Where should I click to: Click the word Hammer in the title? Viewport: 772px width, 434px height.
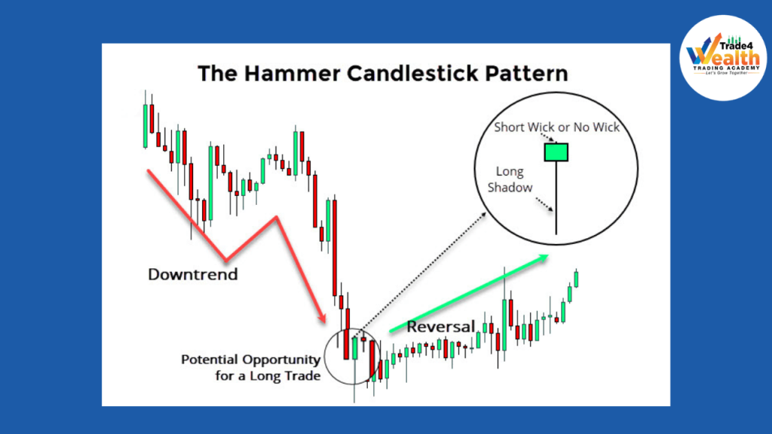point(292,74)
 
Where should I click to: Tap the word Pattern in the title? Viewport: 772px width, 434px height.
point(526,74)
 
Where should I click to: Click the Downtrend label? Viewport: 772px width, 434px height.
point(192,274)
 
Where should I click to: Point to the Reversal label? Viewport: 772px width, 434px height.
point(440,326)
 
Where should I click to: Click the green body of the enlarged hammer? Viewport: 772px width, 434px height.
point(556,152)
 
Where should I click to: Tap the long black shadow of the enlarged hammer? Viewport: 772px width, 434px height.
point(556,198)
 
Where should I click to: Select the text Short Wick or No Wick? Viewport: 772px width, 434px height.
point(557,127)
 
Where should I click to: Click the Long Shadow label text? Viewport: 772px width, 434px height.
point(510,179)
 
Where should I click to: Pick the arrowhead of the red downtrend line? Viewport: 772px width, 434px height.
point(323,318)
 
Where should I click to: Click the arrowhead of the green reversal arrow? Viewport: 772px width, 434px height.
point(543,258)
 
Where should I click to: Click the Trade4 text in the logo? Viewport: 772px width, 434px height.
point(736,46)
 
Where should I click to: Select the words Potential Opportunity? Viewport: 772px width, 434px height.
point(250,359)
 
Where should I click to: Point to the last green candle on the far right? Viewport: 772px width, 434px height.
point(576,279)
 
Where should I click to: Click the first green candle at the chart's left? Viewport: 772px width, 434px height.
point(146,126)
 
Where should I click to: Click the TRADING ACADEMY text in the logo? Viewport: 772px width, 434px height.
point(726,68)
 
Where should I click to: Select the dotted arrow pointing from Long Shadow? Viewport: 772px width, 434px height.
point(544,205)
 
